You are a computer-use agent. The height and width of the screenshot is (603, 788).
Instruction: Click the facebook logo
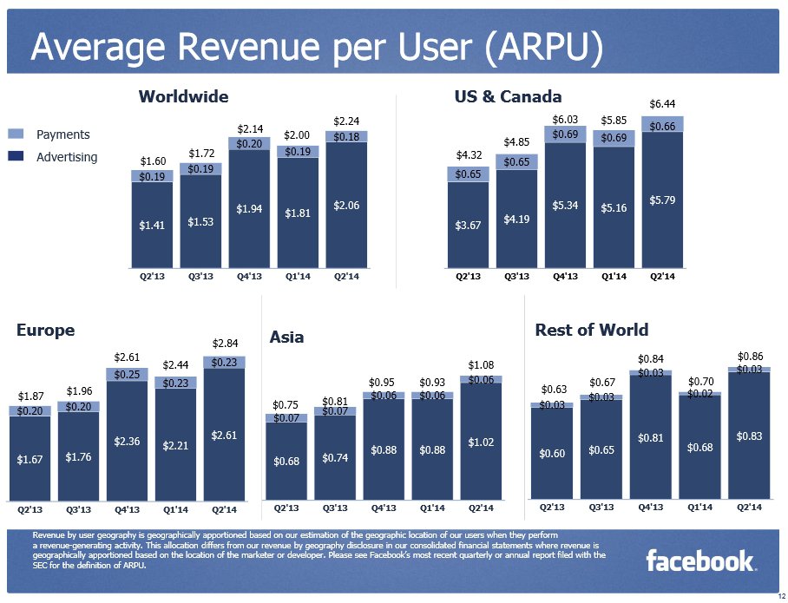click(700, 561)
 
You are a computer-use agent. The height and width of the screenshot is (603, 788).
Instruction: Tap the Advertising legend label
click(67, 157)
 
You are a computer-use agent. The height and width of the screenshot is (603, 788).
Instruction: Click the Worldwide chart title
click(183, 96)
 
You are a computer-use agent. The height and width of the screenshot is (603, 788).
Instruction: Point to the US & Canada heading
click(508, 96)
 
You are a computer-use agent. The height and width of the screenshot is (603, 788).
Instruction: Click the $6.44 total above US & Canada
click(662, 104)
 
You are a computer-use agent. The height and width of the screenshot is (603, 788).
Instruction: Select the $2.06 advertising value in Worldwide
click(347, 205)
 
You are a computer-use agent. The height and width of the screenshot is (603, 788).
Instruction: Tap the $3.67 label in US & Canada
click(468, 226)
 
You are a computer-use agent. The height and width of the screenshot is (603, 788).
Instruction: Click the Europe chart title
click(45, 331)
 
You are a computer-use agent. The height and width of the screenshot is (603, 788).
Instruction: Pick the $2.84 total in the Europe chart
click(225, 344)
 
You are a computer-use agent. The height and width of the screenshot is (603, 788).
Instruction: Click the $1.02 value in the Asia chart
click(481, 442)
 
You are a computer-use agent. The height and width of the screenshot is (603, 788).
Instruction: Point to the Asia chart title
click(286, 337)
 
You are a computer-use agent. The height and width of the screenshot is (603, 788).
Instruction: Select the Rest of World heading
click(591, 330)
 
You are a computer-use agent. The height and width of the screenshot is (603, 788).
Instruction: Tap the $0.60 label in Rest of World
click(552, 454)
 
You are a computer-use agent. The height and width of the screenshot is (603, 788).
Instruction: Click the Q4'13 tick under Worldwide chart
click(250, 278)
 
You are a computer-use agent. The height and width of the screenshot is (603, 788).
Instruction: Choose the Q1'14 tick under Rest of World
click(699, 507)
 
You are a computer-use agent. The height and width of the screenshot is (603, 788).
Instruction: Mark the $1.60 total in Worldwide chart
click(152, 161)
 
